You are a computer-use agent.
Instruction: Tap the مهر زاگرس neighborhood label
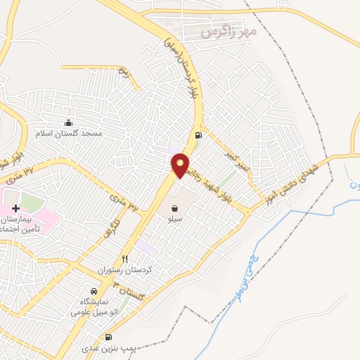point(229,32)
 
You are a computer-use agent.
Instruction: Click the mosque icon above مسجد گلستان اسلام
point(68,123)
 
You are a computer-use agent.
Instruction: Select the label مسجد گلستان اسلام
point(69,134)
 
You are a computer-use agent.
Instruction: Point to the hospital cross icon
point(15,209)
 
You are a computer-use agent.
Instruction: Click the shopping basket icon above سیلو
point(174,208)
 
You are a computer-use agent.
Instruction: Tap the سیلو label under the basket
point(174,219)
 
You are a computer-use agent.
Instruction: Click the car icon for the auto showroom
point(93,290)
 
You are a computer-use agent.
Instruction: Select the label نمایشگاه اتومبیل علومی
point(89,307)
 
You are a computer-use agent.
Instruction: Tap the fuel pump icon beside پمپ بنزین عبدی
point(108,336)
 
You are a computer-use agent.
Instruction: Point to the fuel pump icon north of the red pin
point(198,135)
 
